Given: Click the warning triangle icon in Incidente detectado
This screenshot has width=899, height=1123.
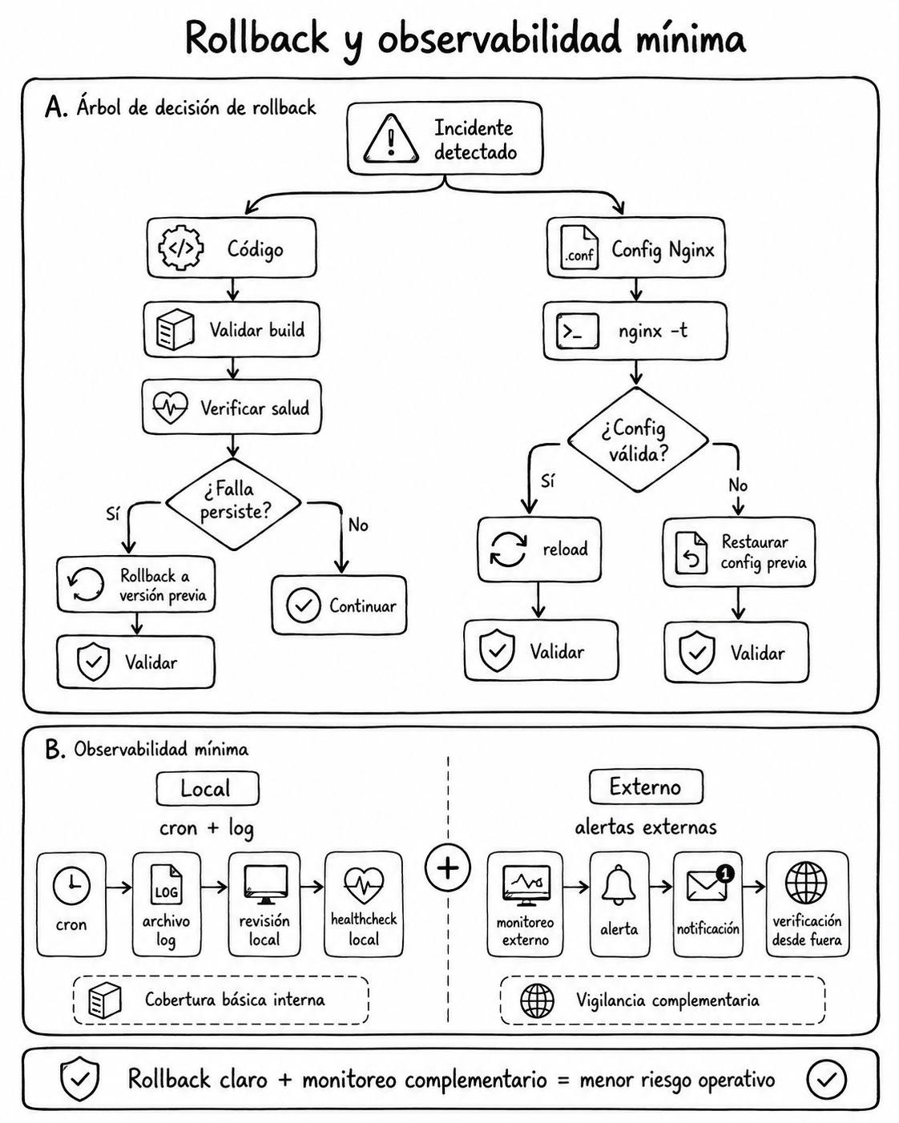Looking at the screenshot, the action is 391,139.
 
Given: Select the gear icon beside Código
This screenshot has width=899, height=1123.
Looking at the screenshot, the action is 180,248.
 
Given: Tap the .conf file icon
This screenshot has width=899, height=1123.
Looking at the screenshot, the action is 579,248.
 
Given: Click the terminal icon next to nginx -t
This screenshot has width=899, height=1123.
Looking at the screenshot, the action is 578,331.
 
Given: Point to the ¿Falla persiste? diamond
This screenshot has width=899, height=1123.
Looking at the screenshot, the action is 233,504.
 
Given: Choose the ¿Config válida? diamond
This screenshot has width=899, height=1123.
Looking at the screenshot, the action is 638,440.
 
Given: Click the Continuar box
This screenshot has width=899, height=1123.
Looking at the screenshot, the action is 340,606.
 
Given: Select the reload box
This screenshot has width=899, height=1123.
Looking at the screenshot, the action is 539,549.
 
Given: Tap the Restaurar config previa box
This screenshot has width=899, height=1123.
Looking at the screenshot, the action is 739,552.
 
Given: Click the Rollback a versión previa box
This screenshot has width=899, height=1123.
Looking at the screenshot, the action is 136,585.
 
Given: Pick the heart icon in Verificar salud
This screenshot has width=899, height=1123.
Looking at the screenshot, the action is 170,407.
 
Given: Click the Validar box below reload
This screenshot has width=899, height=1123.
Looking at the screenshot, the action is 542,650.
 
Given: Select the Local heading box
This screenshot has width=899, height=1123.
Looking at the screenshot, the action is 208,788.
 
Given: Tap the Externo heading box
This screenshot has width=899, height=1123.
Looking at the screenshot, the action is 646,787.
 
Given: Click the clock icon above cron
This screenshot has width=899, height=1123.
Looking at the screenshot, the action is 71,886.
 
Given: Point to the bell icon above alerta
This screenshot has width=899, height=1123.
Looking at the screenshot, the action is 619,884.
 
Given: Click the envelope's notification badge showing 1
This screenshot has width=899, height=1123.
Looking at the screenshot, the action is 725,873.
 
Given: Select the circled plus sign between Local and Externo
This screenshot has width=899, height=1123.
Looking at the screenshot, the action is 447,867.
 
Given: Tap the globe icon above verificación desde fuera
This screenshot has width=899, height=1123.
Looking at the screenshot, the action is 806,883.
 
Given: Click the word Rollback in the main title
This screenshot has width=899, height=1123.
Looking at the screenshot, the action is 257,38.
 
